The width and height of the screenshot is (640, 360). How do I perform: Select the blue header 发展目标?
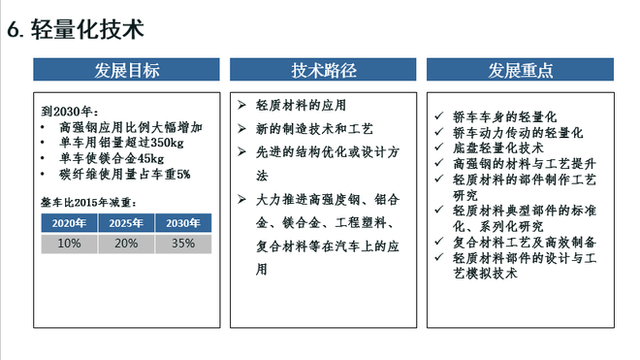point(127,70)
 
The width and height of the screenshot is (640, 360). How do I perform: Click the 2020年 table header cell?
point(69,223)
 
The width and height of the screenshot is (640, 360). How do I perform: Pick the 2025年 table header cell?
point(126,223)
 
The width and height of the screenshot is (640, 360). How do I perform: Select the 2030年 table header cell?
point(182,223)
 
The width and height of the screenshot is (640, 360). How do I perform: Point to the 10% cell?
point(69,243)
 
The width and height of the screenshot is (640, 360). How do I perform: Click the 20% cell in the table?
point(126,243)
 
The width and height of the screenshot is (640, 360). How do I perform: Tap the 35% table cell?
point(182,243)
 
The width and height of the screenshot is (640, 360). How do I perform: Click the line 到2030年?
point(71,111)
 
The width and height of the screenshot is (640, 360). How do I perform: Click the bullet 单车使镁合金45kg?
point(112,158)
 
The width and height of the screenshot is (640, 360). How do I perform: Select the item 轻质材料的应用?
point(301,105)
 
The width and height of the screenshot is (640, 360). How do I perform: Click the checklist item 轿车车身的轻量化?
point(504,115)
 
